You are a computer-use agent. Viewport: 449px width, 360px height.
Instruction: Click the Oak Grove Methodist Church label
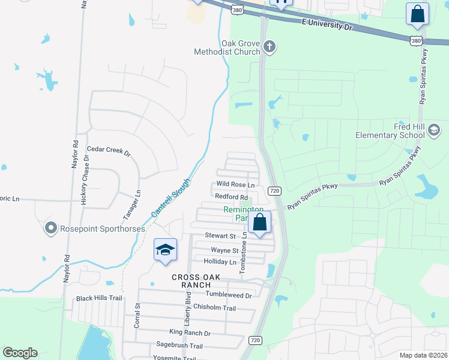240,47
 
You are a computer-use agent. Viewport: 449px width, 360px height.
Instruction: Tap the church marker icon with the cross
270,47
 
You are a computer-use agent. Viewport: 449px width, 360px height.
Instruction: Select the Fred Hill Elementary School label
390,131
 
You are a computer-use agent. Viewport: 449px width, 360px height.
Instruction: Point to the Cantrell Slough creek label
170,198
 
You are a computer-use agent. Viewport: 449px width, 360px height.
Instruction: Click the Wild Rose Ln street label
235,185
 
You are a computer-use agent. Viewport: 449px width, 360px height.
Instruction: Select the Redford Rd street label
231,197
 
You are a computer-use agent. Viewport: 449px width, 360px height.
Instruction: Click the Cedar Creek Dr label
109,151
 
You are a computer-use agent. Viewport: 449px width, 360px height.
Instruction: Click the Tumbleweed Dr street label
228,295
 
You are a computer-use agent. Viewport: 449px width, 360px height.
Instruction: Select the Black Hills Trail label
99,298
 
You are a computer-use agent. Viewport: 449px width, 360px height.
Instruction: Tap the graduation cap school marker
165,250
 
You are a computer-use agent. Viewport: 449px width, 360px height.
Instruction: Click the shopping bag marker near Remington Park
260,223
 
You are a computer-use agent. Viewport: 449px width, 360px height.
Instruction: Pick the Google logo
20,353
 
